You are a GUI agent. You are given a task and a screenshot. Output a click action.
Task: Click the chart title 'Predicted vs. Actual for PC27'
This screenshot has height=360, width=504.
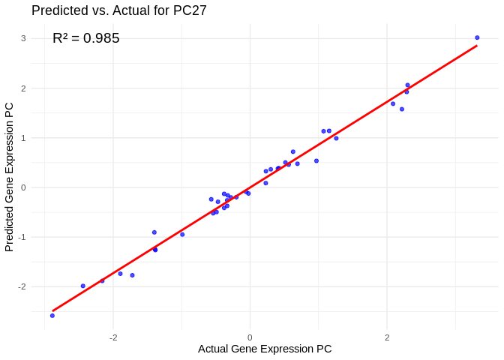(118, 10)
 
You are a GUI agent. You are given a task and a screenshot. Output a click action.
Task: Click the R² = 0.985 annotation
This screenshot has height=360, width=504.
(85, 38)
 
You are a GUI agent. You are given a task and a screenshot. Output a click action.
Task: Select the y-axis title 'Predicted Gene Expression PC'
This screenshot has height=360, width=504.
(10, 176)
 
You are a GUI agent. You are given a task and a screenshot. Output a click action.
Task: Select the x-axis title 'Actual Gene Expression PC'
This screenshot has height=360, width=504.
(264, 349)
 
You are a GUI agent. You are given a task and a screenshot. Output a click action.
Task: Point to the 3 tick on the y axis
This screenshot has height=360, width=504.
(23, 38)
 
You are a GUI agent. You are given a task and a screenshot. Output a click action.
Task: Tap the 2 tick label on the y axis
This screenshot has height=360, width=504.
(23, 88)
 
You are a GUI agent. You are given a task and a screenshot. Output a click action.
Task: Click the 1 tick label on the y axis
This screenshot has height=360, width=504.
(23, 138)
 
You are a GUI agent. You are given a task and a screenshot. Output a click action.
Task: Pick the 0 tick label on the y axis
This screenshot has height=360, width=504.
(23, 187)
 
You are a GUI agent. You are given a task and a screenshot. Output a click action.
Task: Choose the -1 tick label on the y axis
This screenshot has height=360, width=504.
(22, 237)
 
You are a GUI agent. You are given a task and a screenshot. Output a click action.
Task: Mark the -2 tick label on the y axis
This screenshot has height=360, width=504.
(22, 286)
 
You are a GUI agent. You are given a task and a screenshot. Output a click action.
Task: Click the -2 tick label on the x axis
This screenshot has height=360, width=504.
(112, 337)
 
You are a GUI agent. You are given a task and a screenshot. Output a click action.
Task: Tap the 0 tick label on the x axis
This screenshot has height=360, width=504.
(250, 337)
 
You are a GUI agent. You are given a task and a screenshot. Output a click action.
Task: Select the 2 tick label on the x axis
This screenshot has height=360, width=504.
(387, 337)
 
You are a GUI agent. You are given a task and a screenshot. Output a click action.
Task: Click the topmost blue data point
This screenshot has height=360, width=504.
(477, 37)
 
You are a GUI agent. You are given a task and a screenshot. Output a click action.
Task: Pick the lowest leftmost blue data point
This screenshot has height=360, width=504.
(52, 316)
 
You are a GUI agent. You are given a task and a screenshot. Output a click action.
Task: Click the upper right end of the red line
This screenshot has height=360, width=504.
(477, 46)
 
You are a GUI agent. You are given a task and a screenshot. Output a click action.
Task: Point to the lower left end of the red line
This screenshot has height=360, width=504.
(52, 310)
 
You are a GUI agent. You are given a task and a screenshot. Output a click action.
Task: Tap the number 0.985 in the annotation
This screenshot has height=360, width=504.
(101, 38)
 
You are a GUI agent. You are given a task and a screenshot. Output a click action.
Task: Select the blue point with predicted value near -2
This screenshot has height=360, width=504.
(82, 286)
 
